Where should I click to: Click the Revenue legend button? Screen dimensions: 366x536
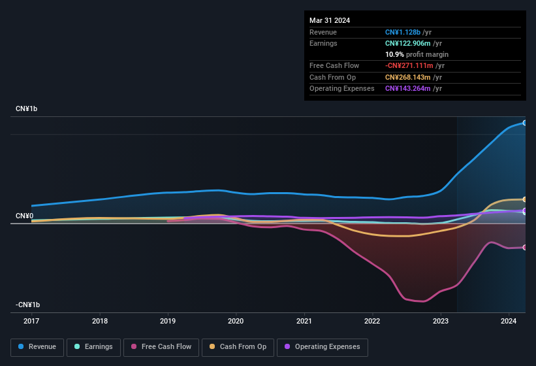[x=37, y=346]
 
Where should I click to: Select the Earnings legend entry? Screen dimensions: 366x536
[x=94, y=346]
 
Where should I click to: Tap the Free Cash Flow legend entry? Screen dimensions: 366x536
[x=161, y=346]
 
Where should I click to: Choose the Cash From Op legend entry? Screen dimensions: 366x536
[x=238, y=346]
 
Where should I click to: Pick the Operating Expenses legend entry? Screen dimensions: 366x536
[x=323, y=346]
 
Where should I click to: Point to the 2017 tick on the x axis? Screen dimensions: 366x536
[x=31, y=321]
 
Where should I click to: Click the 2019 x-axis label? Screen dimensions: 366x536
[x=168, y=321]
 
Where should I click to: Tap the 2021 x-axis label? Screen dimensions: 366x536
[x=304, y=321]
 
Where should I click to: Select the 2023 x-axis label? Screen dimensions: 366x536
[x=440, y=321]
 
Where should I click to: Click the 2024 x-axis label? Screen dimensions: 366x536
[x=508, y=321]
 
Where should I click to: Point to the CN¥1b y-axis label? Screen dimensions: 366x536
[x=27, y=108]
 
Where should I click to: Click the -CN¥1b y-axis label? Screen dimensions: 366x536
[x=28, y=305]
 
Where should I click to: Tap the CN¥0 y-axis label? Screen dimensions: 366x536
[x=24, y=216]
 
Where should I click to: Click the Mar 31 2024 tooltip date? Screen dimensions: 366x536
[x=330, y=20]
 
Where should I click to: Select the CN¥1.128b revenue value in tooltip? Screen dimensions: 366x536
[x=403, y=31]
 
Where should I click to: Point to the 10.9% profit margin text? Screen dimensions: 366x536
[x=417, y=54]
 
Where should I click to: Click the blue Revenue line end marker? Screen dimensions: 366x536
[x=525, y=123]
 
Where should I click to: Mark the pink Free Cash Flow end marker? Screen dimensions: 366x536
[x=525, y=247]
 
